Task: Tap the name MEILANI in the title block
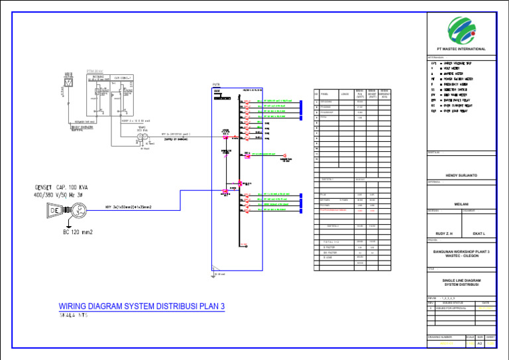(461, 204)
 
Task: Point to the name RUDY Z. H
(443, 233)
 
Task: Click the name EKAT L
(480, 233)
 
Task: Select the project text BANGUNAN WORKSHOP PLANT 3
(461, 252)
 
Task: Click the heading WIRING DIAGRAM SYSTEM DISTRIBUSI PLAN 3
(142, 306)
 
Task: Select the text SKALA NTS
(73, 316)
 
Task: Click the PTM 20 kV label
(95, 70)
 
